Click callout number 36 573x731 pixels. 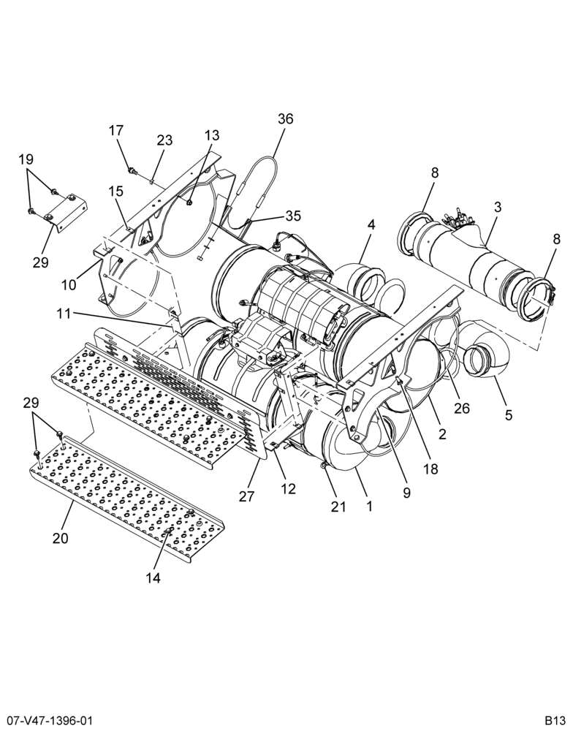[286, 119]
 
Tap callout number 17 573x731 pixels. [116, 130]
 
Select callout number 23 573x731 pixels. [164, 140]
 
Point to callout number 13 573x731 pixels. [212, 135]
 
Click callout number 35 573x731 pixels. [293, 216]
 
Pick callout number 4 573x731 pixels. [371, 224]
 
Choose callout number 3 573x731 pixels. [498, 207]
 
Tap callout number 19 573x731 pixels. [26, 159]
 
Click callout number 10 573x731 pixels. [69, 284]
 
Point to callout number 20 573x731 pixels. [60, 538]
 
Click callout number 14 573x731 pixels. [153, 578]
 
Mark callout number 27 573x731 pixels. [246, 497]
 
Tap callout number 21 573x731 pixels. [338, 507]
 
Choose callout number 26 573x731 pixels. [462, 408]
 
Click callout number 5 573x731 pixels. [508, 414]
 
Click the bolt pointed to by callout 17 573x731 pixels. [132, 172]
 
